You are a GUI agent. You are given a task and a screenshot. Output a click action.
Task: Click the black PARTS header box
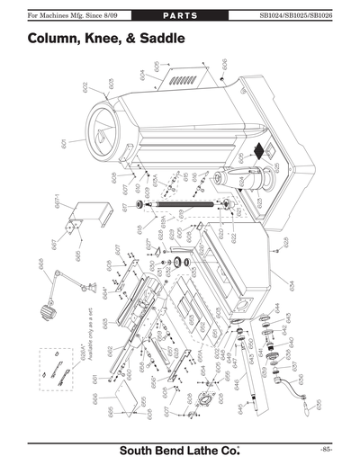click(x=180, y=16)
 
